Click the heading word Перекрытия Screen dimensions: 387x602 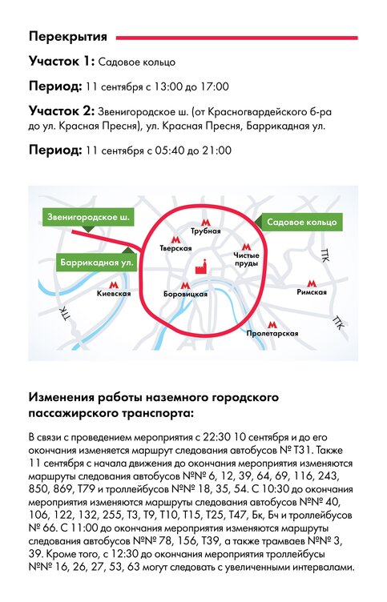coord(67,37)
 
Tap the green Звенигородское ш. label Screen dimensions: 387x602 coord(88,217)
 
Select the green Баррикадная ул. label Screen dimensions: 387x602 coord(97,263)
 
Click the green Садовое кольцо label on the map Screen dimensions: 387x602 coord(302,222)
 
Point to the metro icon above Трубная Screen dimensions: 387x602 coord(206,223)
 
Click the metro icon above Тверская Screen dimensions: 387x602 coord(175,240)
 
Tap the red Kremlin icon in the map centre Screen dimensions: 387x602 coord(202,266)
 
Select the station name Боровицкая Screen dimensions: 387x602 coord(185,295)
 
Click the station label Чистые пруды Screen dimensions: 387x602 coord(246,259)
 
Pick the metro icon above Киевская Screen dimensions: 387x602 coord(114,285)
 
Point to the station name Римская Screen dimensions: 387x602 coord(312,292)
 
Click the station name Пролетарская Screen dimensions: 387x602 coord(272,334)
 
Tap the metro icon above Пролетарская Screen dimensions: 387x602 coord(272,325)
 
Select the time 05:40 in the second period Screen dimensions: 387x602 coord(170,150)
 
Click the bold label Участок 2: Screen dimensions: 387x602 coord(62,111)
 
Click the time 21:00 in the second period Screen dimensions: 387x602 coord(216,150)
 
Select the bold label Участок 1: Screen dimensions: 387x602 coord(62,61)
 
